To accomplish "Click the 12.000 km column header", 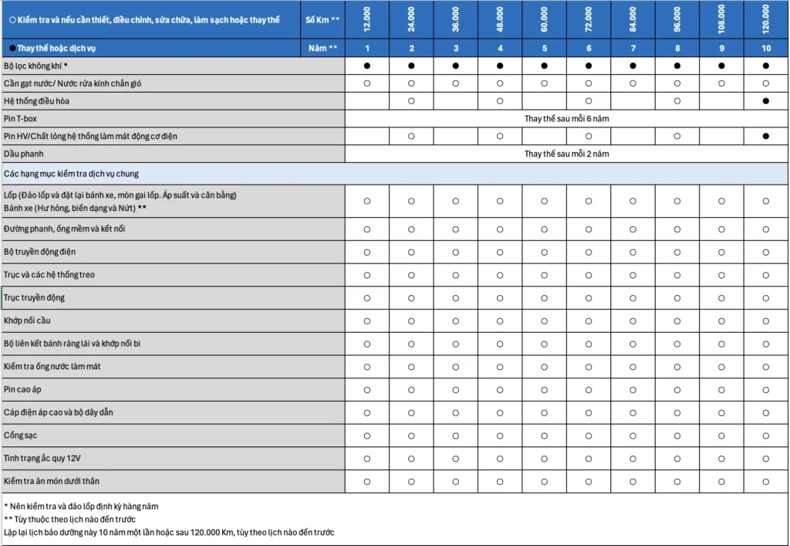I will click(367, 19).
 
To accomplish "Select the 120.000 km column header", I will click(766, 19).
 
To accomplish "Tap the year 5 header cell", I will click(545, 48).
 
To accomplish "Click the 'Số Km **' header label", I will click(322, 19).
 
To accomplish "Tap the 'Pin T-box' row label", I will click(20, 119).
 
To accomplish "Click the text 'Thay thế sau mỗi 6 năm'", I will click(567, 119).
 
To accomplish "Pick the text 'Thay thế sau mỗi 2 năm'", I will click(567, 154).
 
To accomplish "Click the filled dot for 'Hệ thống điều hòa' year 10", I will click(766, 101).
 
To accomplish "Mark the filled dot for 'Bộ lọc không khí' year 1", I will click(367, 66).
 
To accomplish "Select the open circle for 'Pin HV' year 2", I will click(411, 136).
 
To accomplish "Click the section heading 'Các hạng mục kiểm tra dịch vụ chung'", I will click(71, 174).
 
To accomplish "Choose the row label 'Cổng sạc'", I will click(20, 436).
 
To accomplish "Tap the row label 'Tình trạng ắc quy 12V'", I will click(42, 459).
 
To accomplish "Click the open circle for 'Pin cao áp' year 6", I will click(589, 390).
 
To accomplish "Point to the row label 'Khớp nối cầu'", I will click(27, 320).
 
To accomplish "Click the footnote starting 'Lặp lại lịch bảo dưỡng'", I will click(168, 533).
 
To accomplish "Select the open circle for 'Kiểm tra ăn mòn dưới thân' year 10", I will click(766, 482).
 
